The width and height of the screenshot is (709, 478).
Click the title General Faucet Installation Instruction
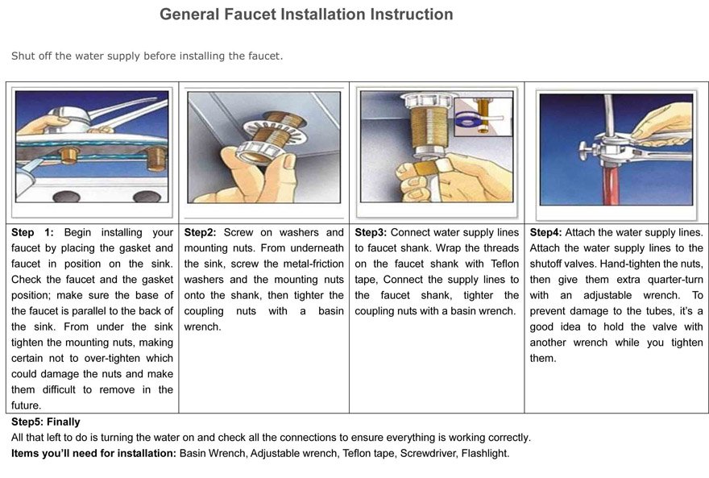click(x=306, y=15)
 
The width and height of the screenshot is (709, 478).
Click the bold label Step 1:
click(x=32, y=232)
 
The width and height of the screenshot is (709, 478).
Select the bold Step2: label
click(x=200, y=232)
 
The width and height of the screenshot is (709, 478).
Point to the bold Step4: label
click(x=545, y=232)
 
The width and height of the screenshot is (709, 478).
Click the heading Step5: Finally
click(x=46, y=422)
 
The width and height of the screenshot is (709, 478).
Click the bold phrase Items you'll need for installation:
click(x=93, y=453)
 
